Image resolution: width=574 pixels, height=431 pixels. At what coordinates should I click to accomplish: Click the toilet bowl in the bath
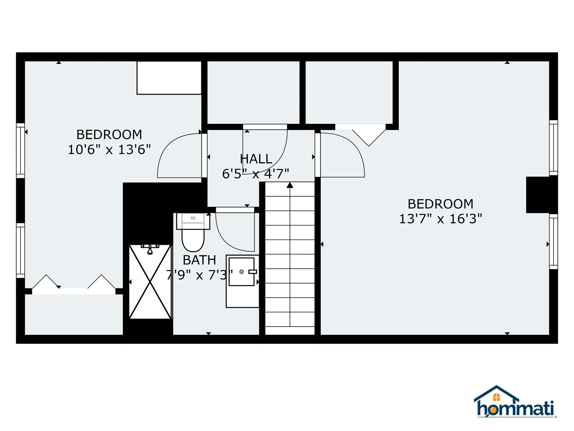click(x=193, y=240)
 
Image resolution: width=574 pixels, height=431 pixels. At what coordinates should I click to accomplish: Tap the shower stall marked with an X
click(x=150, y=282)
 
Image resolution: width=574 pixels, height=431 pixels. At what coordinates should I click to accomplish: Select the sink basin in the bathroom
click(x=242, y=272)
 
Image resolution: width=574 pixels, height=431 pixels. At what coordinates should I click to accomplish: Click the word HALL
click(x=256, y=159)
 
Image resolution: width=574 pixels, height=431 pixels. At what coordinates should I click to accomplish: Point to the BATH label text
click(x=199, y=260)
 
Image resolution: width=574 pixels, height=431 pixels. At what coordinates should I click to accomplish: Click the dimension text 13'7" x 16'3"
click(x=441, y=219)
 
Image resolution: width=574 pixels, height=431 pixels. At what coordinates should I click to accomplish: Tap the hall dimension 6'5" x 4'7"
click(x=256, y=174)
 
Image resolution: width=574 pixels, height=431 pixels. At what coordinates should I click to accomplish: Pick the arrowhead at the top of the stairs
click(x=290, y=185)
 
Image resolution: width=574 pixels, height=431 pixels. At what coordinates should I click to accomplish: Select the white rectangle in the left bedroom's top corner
click(x=169, y=78)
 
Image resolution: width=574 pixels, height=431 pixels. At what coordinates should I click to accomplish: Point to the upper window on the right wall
click(x=554, y=148)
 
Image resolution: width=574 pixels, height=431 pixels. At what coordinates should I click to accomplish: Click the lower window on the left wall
click(x=20, y=251)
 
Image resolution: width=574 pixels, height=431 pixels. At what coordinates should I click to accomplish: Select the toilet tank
click(x=193, y=221)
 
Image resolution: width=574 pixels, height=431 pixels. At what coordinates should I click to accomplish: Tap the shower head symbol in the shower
click(x=150, y=249)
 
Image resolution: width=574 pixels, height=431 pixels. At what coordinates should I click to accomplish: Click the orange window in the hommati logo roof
click(x=497, y=397)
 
